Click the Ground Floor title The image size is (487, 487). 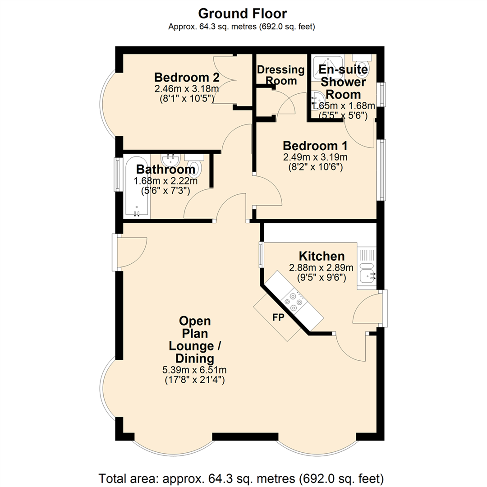[x=243, y=14]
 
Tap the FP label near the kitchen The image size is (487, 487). [x=278, y=317]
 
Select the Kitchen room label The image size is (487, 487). [x=322, y=256]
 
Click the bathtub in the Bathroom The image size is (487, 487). [x=137, y=186]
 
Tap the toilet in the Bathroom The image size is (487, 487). [x=194, y=165]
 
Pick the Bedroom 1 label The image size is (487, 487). [x=315, y=146]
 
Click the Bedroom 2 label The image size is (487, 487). [x=187, y=77]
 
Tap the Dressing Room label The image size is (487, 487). [x=281, y=75]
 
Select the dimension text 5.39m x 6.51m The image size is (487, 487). [x=194, y=370]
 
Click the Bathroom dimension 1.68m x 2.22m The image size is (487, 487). [x=165, y=180]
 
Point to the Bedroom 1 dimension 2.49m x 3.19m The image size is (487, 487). [x=315, y=157]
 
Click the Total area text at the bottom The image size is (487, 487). [x=241, y=478]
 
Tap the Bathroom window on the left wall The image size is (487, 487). [x=117, y=174]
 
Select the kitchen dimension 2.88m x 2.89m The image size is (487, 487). [x=321, y=267]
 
